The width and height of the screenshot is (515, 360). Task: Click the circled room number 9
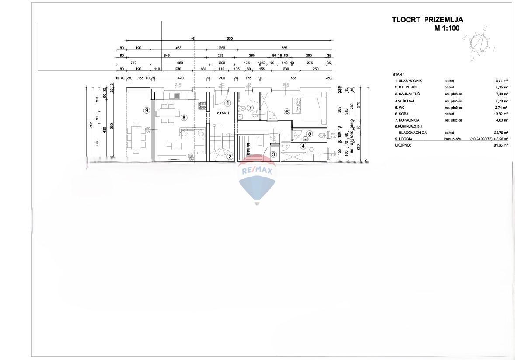pyautogui.click(x=146, y=110)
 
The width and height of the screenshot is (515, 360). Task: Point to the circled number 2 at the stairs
pyautogui.click(x=230, y=156)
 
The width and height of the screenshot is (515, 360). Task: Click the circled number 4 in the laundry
pyautogui.click(x=303, y=146)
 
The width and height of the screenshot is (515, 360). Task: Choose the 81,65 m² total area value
pyautogui.click(x=500, y=145)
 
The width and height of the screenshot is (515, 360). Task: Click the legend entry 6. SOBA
pyautogui.click(x=403, y=113)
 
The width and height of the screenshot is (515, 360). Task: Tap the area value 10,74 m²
pyautogui.click(x=500, y=81)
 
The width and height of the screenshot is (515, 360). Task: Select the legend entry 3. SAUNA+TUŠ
pyautogui.click(x=410, y=94)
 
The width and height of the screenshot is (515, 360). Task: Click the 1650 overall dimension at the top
pyautogui.click(x=229, y=38)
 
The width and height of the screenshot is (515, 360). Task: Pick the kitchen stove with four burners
pyautogui.click(x=202, y=105)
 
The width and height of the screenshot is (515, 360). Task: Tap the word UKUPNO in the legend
pyautogui.click(x=403, y=145)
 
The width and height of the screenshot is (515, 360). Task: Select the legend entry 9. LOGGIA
pyautogui.click(x=404, y=139)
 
